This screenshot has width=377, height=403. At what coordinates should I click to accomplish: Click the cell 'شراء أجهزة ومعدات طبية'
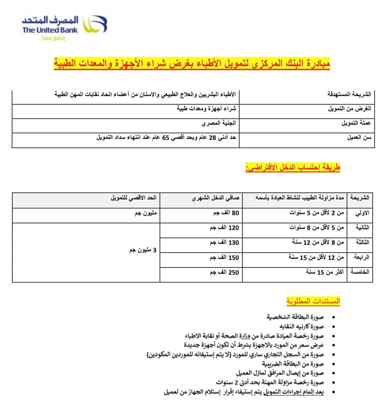click(206, 109)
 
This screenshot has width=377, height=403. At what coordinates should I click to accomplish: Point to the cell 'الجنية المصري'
click(219, 123)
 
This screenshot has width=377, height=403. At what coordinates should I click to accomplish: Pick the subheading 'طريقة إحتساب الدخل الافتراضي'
click(293, 167)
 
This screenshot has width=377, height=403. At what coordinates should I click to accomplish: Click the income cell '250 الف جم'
click(224, 273)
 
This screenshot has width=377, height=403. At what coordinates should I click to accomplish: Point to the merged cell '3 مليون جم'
click(143, 250)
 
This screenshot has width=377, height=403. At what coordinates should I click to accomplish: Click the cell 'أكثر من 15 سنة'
click(325, 272)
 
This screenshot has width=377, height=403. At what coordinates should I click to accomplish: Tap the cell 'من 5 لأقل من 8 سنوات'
click(317, 227)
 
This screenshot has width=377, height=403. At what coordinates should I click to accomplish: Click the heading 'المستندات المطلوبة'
click(313, 301)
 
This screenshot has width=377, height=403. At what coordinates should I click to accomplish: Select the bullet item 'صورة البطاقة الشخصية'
click(295, 317)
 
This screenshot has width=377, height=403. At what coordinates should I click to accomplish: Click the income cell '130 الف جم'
click(224, 243)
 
